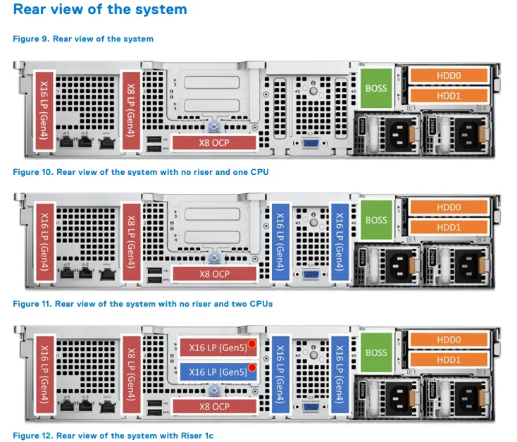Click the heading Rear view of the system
(x=101, y=10)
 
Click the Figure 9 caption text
(x=83, y=39)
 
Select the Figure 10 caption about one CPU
(x=141, y=171)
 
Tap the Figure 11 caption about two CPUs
(x=143, y=304)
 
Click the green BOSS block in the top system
(x=376, y=88)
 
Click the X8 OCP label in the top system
(x=214, y=142)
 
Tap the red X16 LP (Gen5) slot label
(x=218, y=346)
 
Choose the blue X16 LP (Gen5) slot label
(x=218, y=372)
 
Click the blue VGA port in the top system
(x=309, y=142)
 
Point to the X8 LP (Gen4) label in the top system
(x=130, y=109)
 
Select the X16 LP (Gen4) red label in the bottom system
(x=44, y=373)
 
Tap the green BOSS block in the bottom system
(x=376, y=352)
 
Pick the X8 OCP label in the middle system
(x=214, y=274)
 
